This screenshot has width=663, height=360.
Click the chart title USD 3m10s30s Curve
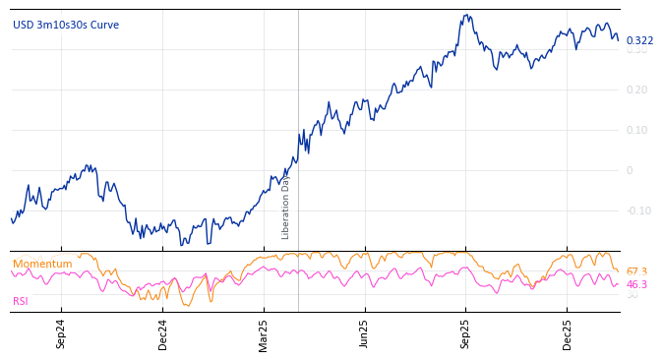click(65, 25)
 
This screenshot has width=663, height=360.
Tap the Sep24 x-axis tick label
click(61, 333)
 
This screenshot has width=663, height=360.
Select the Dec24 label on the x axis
click(163, 333)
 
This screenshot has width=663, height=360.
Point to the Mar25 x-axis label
click(264, 333)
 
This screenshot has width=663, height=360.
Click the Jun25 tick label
click(365, 333)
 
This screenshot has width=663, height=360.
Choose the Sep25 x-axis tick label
click(466, 333)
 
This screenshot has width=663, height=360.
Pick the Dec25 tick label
click(568, 333)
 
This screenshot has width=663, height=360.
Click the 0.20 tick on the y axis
click(637, 90)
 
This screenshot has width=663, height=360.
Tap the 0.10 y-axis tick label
click(637, 130)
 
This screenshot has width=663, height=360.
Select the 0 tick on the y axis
click(630, 170)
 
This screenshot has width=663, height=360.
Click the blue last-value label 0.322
click(639, 40)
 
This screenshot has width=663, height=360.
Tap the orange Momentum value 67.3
click(636, 271)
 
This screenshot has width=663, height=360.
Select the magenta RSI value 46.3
click(636, 284)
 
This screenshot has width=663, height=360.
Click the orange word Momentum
click(42, 264)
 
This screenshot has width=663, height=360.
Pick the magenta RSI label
click(21, 301)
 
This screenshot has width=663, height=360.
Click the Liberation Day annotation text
click(286, 207)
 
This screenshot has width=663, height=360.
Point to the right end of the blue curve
click(618, 39)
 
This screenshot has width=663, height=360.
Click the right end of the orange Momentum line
click(618, 271)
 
